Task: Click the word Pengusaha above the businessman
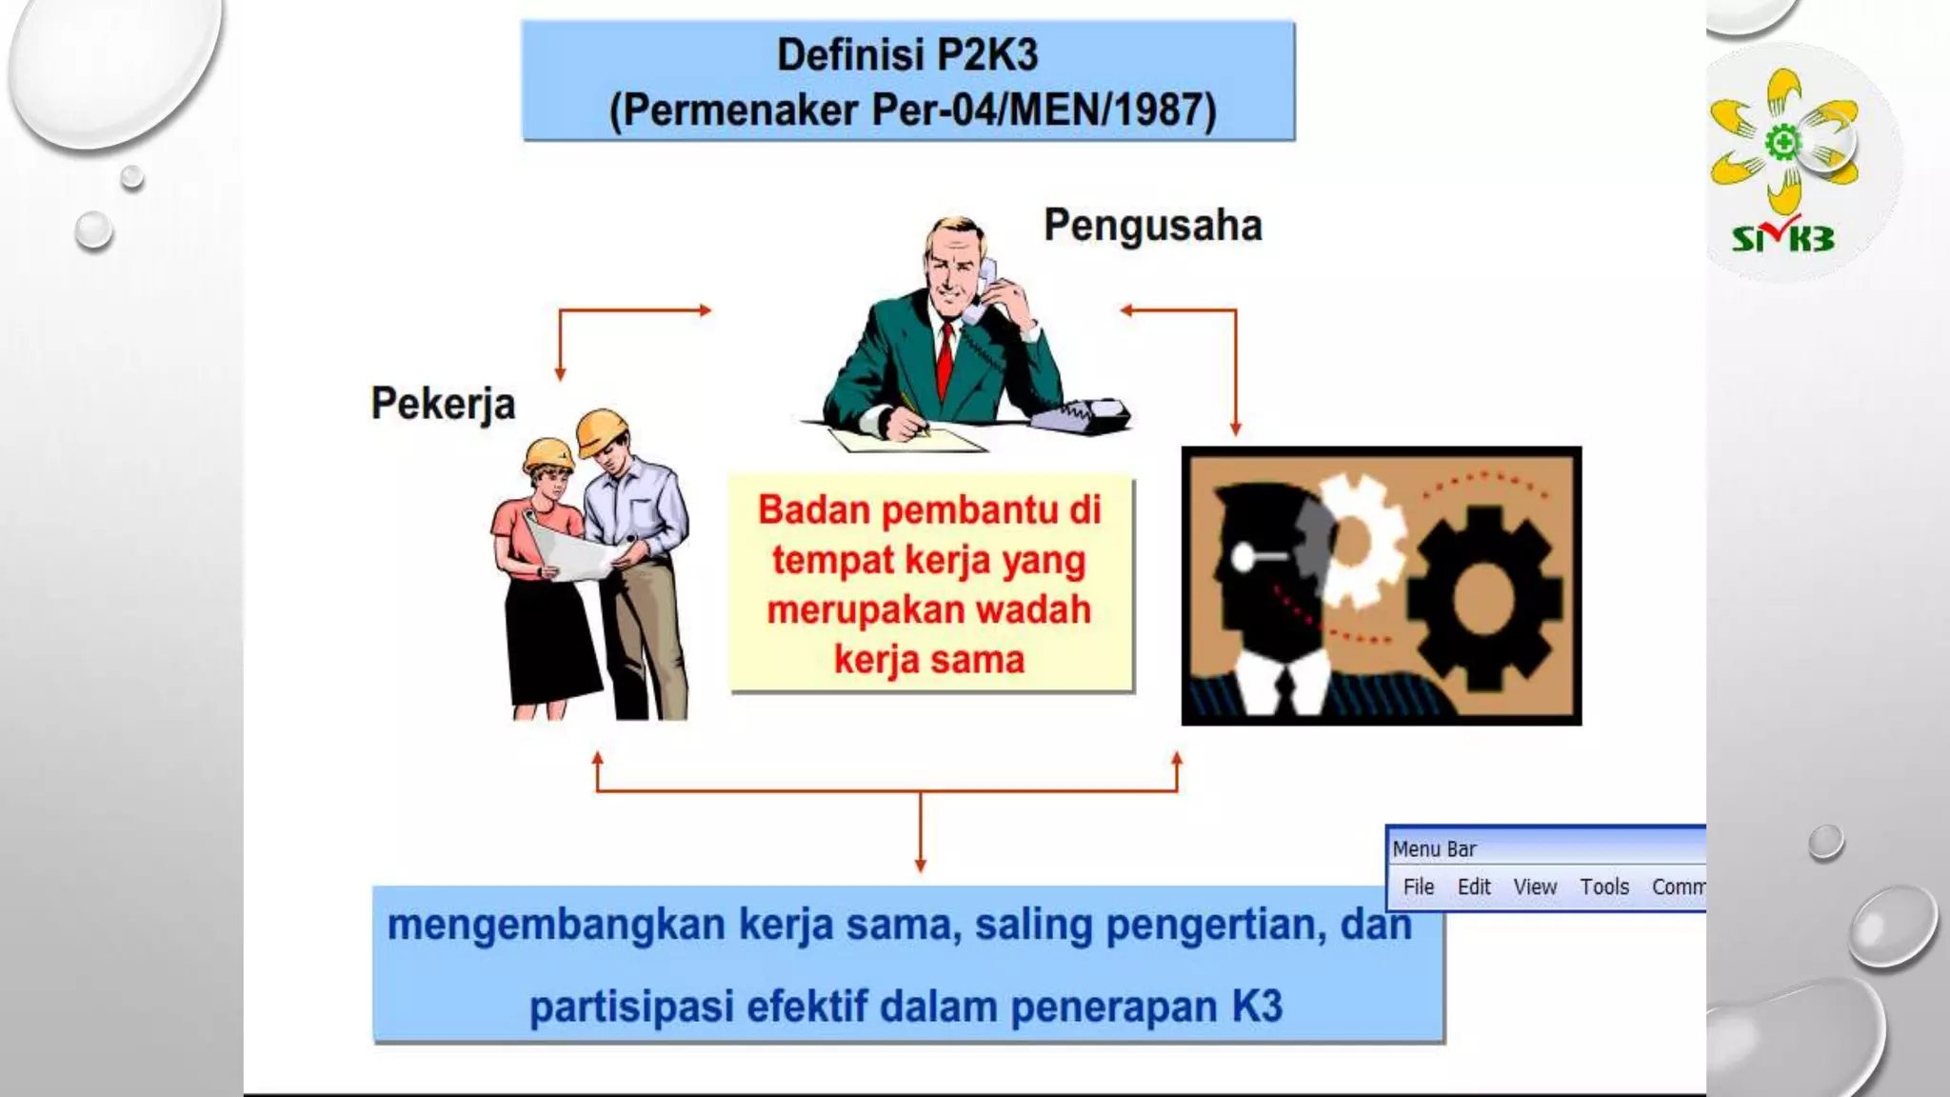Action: [x=1153, y=227]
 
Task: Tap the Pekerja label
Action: [x=443, y=404]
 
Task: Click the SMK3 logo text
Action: [x=1782, y=237]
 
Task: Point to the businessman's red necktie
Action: [x=945, y=357]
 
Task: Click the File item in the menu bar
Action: [x=1418, y=887]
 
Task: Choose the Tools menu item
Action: [x=1604, y=887]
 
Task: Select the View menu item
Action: [x=1535, y=887]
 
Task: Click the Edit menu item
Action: [x=1474, y=887]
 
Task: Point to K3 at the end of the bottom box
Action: [x=1257, y=1006]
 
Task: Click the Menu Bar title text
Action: [x=1434, y=848]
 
